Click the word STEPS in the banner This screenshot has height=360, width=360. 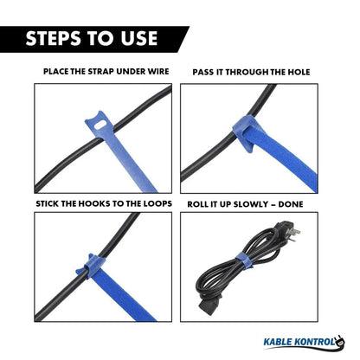coord(55,38)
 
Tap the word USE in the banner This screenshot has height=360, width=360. coord(139,38)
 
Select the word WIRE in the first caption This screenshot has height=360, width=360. coord(158,71)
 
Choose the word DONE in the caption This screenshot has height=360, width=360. coord(291,204)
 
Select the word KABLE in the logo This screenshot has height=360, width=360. coord(278,342)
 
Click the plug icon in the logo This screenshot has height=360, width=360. coord(340,342)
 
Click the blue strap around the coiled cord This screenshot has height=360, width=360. coord(243,260)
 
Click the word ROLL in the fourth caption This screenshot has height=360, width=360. coord(196,204)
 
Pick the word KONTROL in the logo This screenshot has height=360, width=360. coord(315,342)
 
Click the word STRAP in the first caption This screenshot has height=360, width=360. coord(101,71)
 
